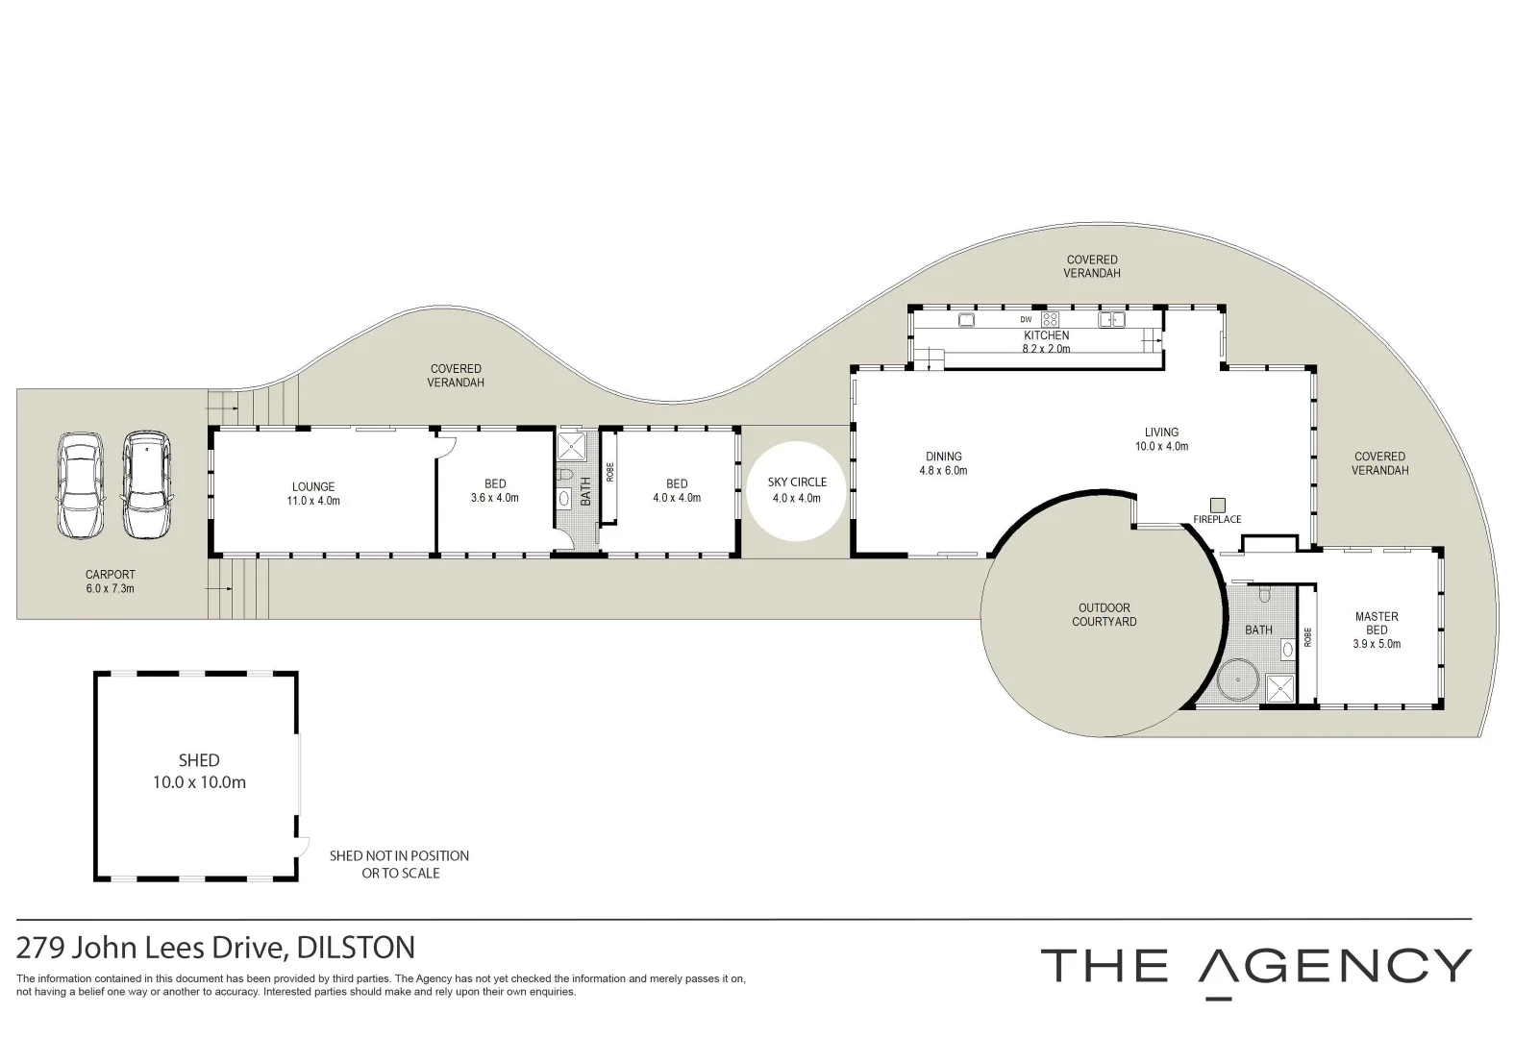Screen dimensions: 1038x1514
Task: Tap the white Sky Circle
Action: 797,490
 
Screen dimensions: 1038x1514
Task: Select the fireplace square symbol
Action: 1217,505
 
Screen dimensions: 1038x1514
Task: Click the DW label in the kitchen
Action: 1026,319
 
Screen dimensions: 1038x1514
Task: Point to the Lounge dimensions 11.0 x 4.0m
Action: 312,501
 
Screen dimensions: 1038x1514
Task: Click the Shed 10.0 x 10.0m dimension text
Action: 199,782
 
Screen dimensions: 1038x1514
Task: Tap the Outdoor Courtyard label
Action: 1104,614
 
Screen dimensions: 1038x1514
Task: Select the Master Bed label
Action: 1377,623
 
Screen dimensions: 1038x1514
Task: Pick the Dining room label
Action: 943,457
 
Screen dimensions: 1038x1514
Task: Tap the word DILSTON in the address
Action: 357,948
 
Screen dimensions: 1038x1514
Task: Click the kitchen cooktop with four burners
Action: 1051,319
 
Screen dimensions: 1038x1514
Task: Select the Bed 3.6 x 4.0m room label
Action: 495,490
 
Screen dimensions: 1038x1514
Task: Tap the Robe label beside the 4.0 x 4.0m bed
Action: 609,472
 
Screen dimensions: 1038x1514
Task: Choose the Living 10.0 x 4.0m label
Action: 1161,439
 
